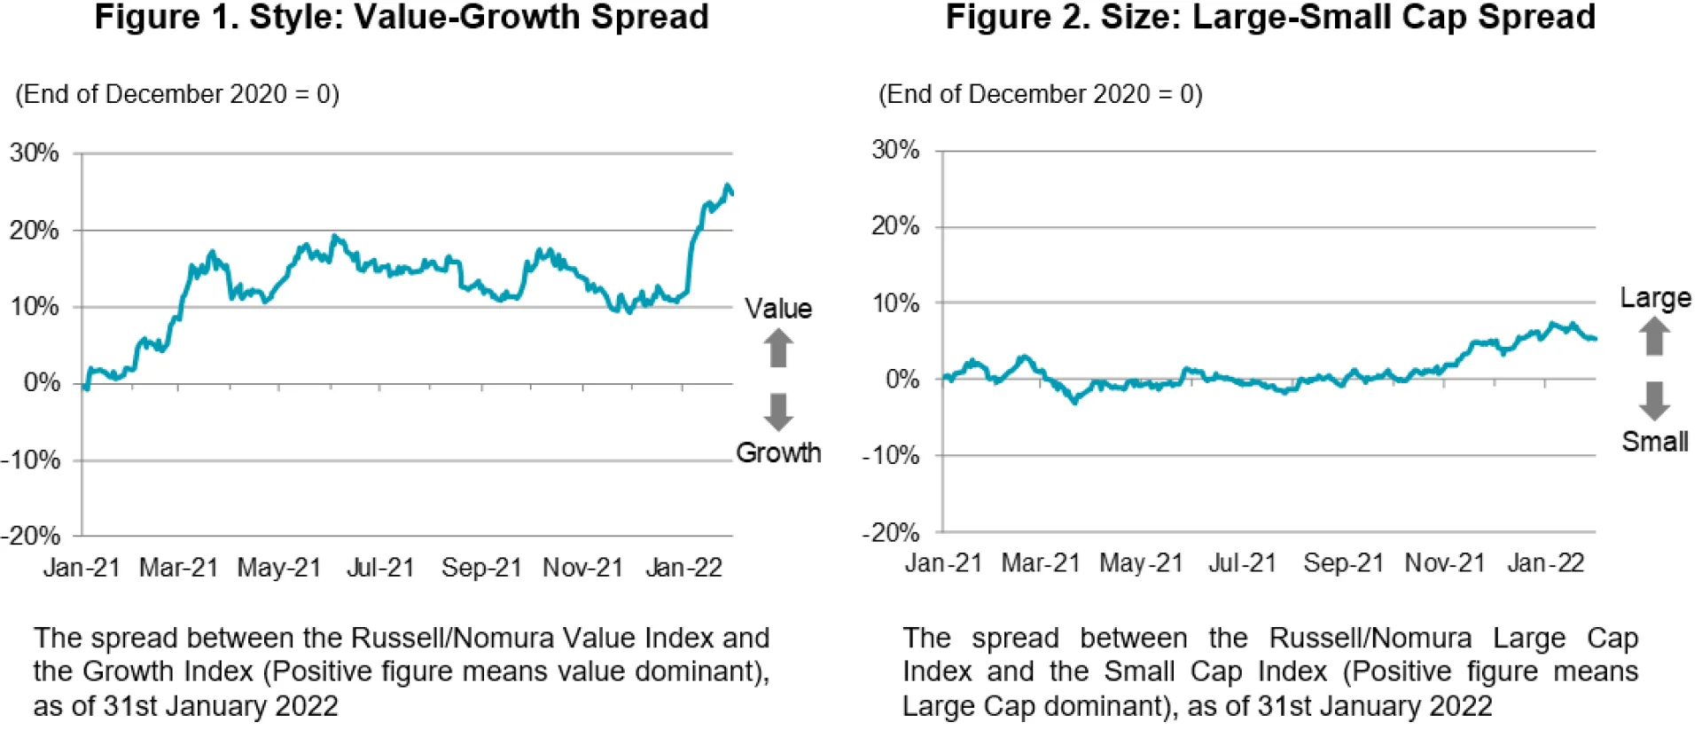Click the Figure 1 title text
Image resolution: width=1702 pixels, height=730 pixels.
click(x=402, y=18)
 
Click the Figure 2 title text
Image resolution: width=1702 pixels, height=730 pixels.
click(x=1269, y=18)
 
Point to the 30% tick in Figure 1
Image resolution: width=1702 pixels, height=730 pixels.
click(x=35, y=153)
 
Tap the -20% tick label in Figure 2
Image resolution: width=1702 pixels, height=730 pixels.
click(x=891, y=532)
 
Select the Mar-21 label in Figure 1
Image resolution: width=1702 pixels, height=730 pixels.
click(x=178, y=568)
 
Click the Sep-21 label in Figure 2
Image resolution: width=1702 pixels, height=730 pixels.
click(x=1343, y=563)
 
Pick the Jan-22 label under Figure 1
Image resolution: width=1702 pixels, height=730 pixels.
click(x=683, y=568)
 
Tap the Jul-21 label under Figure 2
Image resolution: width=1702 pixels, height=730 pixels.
click(x=1242, y=563)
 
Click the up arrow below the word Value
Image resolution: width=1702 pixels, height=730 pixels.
click(x=778, y=348)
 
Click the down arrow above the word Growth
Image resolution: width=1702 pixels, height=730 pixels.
click(x=778, y=412)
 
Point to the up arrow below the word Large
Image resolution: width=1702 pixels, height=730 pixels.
click(x=1653, y=336)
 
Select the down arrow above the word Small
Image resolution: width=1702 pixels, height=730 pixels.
click(x=1653, y=401)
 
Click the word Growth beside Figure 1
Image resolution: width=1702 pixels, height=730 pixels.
click(x=778, y=452)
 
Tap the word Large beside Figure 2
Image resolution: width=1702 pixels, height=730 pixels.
click(x=1655, y=298)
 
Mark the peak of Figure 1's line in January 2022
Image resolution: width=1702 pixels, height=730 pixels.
click(x=728, y=185)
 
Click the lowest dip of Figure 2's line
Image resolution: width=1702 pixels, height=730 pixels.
click(x=1075, y=402)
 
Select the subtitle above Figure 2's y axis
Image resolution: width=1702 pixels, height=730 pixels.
click(x=1040, y=94)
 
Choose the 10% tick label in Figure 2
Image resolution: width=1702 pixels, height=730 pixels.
click(x=895, y=303)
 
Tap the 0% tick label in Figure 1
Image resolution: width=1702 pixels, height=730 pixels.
click(x=42, y=383)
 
